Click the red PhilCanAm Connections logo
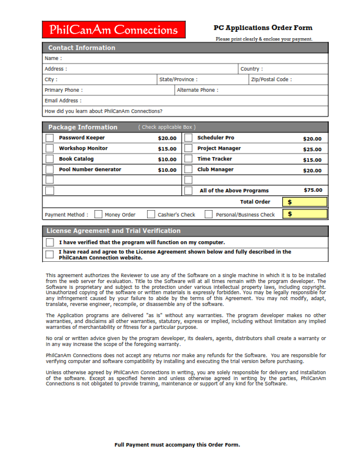114,30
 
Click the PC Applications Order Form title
263,28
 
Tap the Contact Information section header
82,48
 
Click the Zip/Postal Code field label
271,79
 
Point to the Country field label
251,69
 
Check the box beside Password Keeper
50,138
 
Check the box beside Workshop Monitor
50,149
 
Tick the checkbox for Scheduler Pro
188,138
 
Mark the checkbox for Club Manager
188,170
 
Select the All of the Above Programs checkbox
188,191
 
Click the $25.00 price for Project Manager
312,149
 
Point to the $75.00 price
312,190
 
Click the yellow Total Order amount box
305,202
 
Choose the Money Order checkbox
98,215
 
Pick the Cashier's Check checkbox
151,215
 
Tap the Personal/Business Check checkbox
209,215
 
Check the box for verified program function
50,242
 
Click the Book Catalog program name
76,159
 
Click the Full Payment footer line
177,445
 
